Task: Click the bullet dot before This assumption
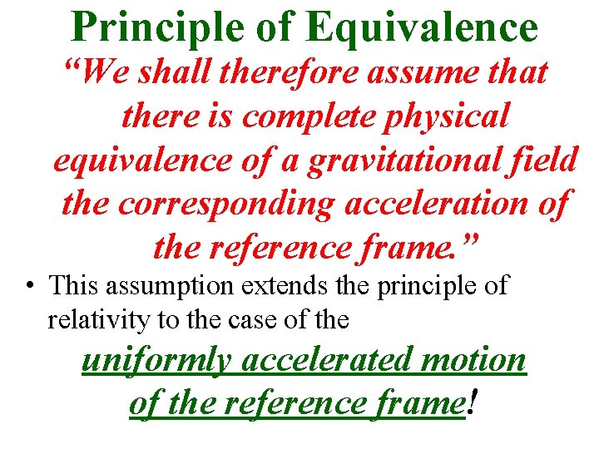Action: (x=29, y=286)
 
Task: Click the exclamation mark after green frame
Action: (x=473, y=404)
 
